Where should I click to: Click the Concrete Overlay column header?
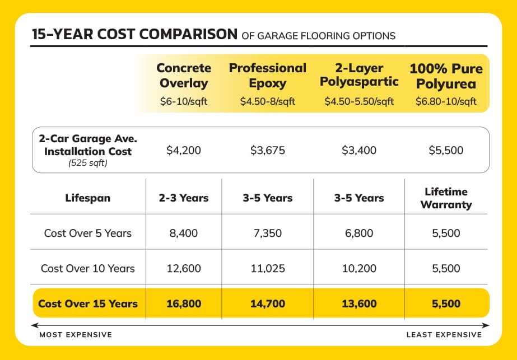coord(183,76)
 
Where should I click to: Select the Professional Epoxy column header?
coord(267,76)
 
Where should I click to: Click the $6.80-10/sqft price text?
coord(446,101)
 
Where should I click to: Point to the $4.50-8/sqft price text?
coord(267,101)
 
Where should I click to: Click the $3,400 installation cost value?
coord(360,151)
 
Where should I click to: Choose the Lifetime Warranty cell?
coord(446,198)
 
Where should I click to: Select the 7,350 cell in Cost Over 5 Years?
coord(267,233)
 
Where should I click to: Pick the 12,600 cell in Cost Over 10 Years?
coord(183,268)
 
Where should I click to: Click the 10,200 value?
coord(360,268)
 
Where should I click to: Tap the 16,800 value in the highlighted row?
coord(183,304)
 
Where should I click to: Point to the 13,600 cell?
coord(360,304)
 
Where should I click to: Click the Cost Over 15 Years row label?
coord(87,304)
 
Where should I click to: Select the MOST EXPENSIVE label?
coord(75,335)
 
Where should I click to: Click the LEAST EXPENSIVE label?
coord(444,335)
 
